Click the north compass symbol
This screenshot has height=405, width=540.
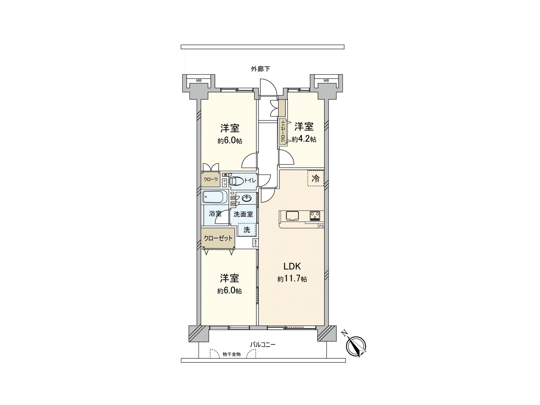click(356, 346)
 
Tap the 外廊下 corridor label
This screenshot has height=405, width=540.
click(260, 69)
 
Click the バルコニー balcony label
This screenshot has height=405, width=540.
click(263, 345)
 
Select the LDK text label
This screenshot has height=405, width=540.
click(292, 266)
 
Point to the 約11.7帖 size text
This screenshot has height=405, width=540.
click(292, 279)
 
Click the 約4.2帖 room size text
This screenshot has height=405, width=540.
click(304, 139)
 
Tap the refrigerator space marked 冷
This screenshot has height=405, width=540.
click(316, 179)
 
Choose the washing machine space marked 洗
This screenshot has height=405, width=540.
click(247, 230)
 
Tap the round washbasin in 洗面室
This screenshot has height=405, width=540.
click(246, 198)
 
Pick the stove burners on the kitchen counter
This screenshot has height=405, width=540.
click(315, 215)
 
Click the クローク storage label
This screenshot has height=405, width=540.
click(211, 180)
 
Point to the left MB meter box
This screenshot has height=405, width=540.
click(199, 80)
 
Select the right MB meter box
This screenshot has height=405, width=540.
click(326, 80)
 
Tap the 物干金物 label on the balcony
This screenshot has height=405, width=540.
click(232, 354)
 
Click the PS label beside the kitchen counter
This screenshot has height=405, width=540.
click(321, 226)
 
